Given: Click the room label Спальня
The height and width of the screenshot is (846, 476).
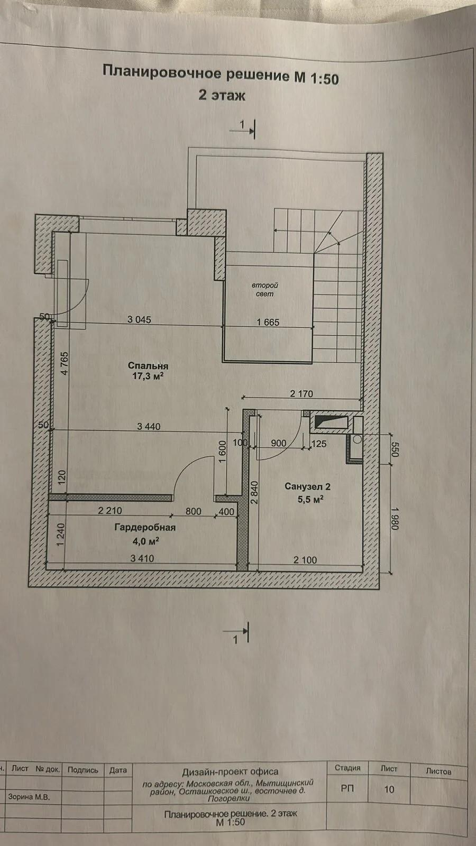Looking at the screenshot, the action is tap(148, 366).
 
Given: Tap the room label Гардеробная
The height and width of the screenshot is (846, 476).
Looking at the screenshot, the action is tap(145, 527).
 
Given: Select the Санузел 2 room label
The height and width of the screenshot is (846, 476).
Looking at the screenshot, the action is tap(307, 486).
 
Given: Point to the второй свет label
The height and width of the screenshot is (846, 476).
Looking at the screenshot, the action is tap(265, 290).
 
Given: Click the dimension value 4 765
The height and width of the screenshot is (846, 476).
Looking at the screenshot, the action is tap(65, 363).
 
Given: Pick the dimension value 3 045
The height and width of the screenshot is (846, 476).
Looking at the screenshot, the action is tap(139, 319).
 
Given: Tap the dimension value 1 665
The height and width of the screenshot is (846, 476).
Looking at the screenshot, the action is tap(268, 322).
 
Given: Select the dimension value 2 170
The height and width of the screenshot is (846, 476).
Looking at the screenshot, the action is tap(301, 394).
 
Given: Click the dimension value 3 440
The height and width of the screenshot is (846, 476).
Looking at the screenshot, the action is tap(149, 427).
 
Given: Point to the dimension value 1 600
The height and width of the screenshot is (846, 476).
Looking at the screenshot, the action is tap(222, 452).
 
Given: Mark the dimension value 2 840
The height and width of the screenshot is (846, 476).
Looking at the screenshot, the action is tap(254, 492).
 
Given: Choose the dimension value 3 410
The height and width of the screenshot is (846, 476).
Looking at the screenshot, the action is tap(142, 558).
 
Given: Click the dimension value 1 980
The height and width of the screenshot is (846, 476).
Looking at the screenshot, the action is tap(395, 518).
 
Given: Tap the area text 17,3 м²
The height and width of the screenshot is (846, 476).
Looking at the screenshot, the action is tap(148, 376).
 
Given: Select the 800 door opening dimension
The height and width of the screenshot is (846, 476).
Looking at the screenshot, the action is tap(194, 511).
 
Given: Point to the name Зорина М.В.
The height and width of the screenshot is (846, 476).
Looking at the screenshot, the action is tap(29, 797).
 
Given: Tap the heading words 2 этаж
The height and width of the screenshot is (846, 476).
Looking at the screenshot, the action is tap(222, 95).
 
